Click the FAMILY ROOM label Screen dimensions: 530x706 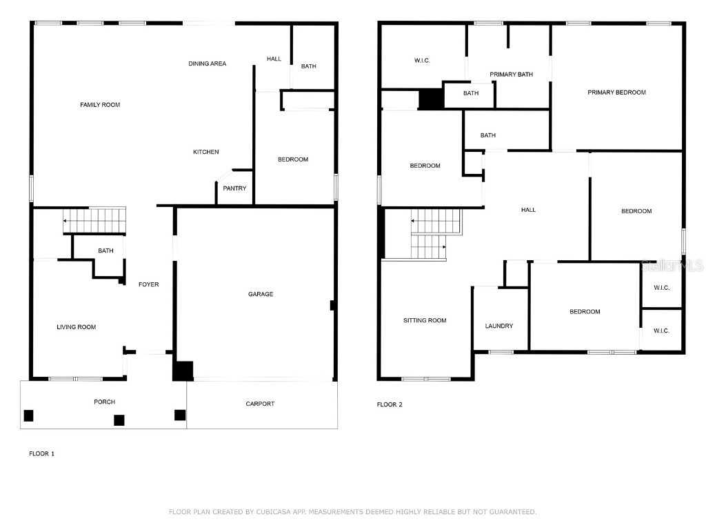coord(100,105)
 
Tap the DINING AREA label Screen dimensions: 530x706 coord(208,64)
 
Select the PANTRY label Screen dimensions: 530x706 coord(234,188)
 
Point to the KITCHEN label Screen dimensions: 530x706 coord(205,153)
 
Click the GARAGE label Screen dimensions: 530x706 coord(261,295)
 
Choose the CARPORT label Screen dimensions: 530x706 coord(260,404)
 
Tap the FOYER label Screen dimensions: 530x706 coord(148,284)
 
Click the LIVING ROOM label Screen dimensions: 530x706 coord(76,327)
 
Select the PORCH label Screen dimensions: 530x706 coord(105,402)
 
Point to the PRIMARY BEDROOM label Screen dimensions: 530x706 coord(616,92)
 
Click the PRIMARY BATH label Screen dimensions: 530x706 coord(512,75)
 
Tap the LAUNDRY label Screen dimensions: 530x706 coord(498,326)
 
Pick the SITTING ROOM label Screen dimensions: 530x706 coord(425,321)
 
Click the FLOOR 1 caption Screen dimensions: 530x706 coord(41,453)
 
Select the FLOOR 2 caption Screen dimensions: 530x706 coord(390,404)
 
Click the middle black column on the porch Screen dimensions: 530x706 coord(119,420)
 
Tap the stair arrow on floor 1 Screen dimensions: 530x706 coord(66,221)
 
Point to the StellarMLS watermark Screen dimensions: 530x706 coord(672,265)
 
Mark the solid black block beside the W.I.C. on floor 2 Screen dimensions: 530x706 coord(432,99)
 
